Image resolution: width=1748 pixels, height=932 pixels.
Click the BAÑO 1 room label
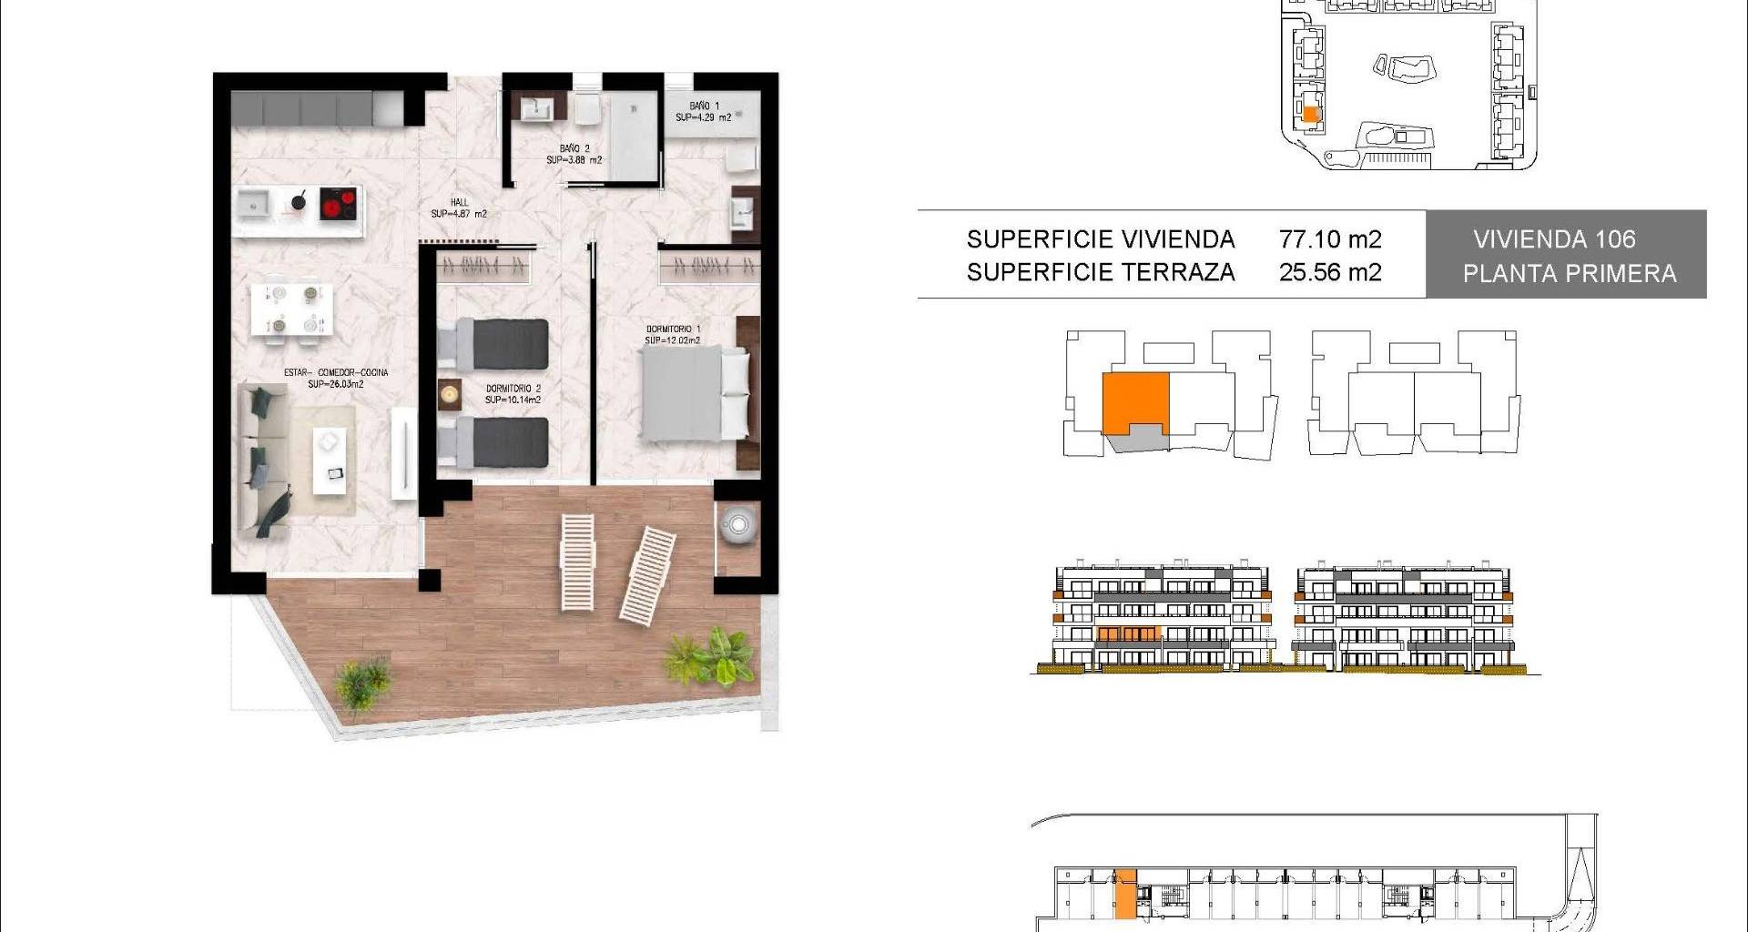704,106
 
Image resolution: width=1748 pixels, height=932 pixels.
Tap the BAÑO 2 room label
574,148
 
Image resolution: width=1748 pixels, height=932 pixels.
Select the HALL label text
460,203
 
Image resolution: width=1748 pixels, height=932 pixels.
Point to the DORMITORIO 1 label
673,329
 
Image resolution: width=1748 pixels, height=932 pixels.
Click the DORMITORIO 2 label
513,389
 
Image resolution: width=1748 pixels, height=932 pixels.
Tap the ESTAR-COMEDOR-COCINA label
336,372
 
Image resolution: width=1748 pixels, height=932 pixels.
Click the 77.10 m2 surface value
1330,239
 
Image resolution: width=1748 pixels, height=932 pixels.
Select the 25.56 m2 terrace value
1330,272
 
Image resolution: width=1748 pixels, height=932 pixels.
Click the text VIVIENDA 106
1554,239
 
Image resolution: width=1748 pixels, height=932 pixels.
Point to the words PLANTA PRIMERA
1570,273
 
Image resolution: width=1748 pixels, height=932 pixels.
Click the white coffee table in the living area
330,461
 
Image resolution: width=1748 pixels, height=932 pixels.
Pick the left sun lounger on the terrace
577,562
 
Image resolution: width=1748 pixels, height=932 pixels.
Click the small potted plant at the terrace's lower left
362,687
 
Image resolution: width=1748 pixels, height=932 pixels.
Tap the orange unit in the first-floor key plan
1135,403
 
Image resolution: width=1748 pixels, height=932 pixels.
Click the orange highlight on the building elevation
1128,633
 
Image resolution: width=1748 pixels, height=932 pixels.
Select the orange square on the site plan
1310,115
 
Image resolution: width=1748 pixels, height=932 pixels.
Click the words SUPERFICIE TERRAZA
1101,272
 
